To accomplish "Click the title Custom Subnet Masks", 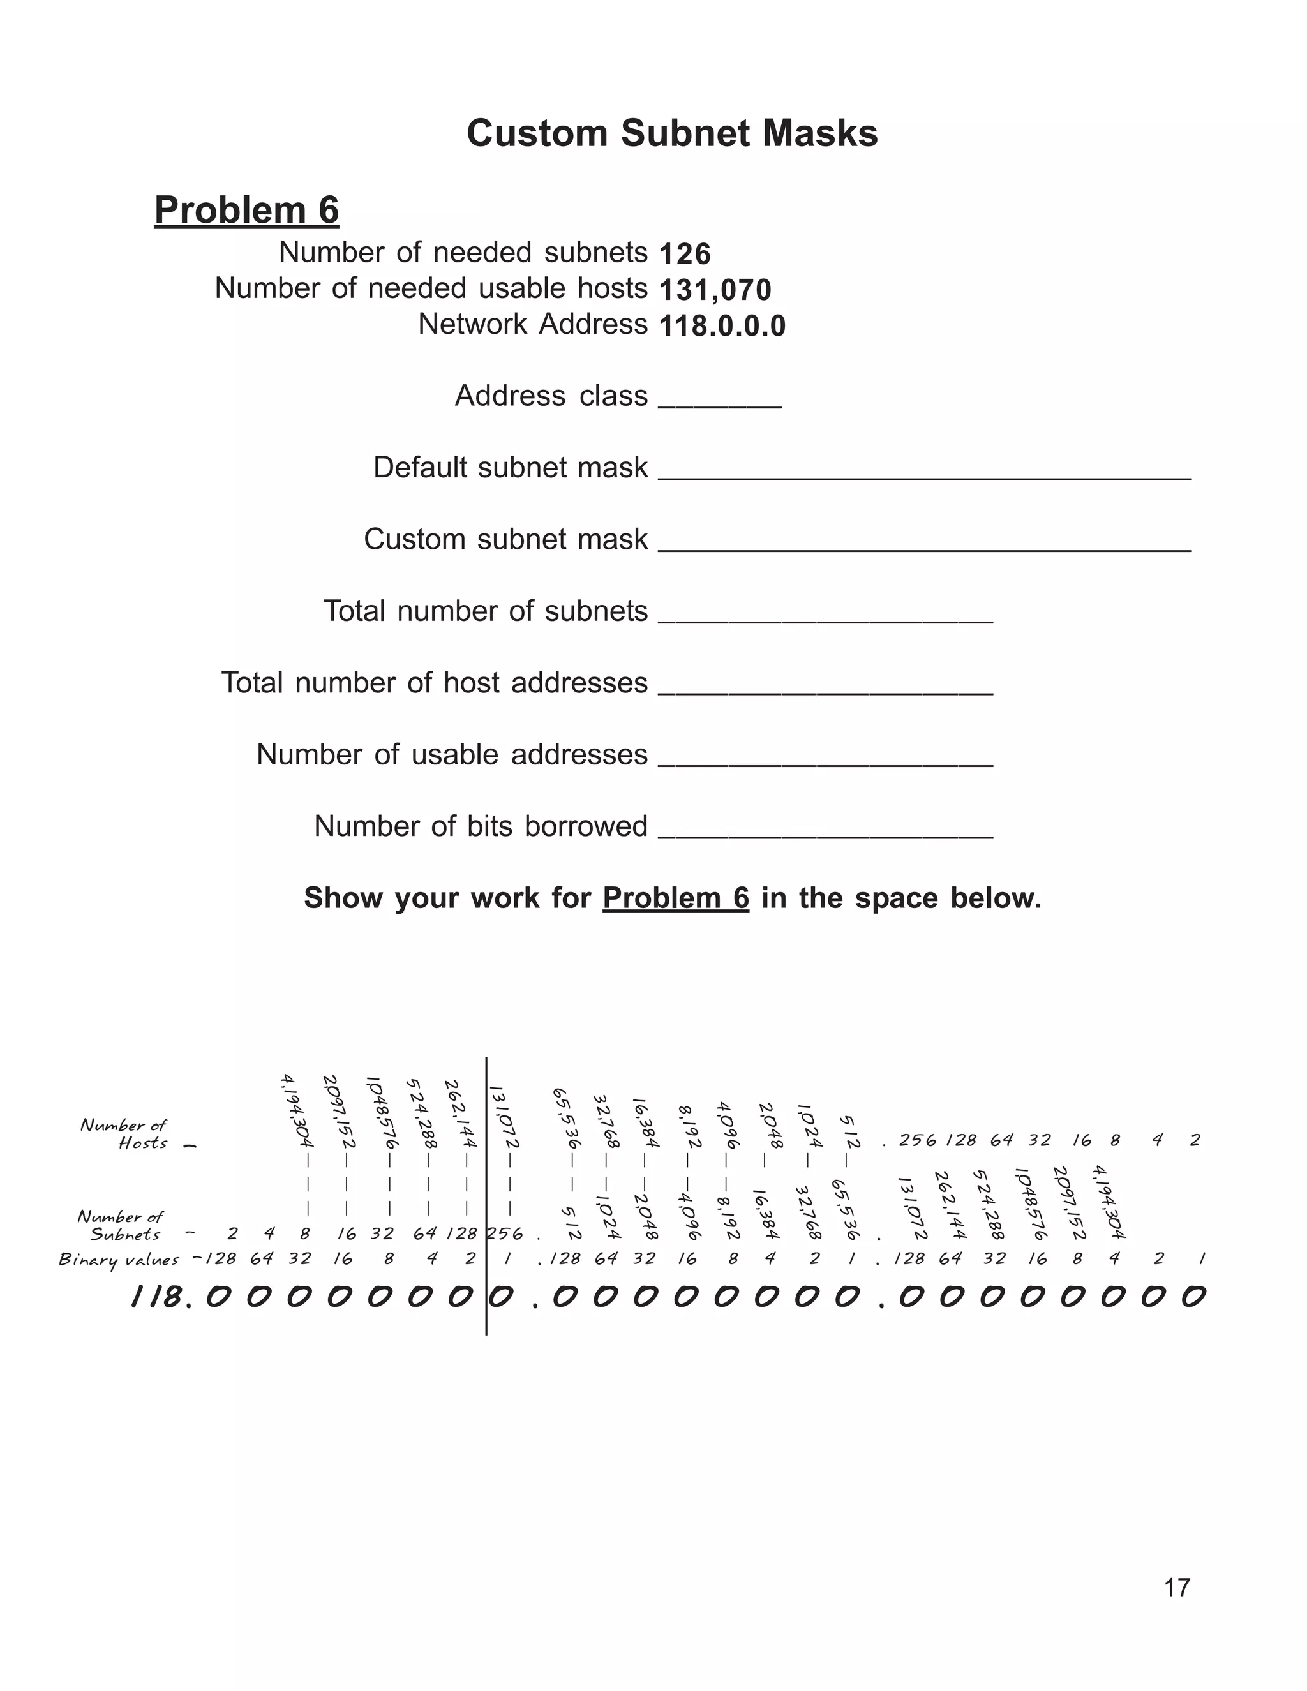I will [x=671, y=133].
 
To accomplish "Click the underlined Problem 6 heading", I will [x=246, y=210].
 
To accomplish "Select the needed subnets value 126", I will [x=685, y=254].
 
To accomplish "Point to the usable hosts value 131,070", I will [x=715, y=290].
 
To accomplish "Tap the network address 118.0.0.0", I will [x=722, y=326].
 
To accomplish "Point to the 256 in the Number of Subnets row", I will [x=505, y=1233].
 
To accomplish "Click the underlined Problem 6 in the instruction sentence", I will [x=675, y=898].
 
